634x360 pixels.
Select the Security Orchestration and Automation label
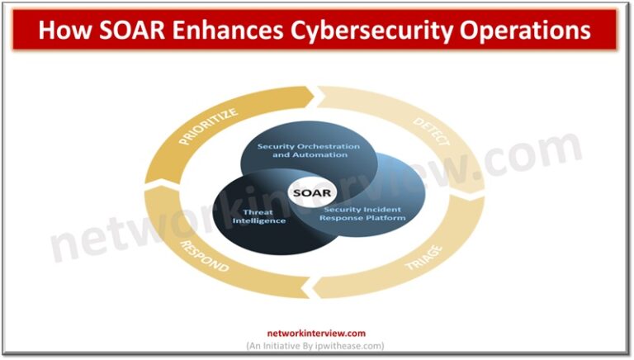pyautogui.click(x=308, y=151)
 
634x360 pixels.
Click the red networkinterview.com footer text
pyautogui.click(x=316, y=334)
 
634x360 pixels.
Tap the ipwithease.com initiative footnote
pyautogui.click(x=316, y=345)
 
